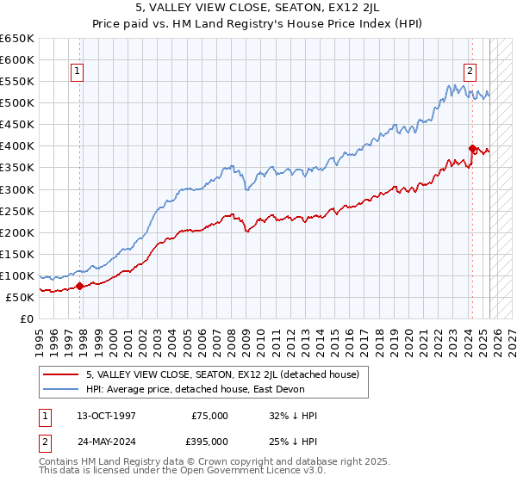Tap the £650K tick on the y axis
[x=17, y=39]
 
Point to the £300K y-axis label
[x=17, y=189]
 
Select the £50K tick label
[x=21, y=297]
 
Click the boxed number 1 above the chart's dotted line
[x=78, y=71]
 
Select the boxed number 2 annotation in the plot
[x=470, y=71]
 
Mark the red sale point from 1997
[x=80, y=287]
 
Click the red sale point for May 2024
[x=472, y=148]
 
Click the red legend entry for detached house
[x=227, y=374]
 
